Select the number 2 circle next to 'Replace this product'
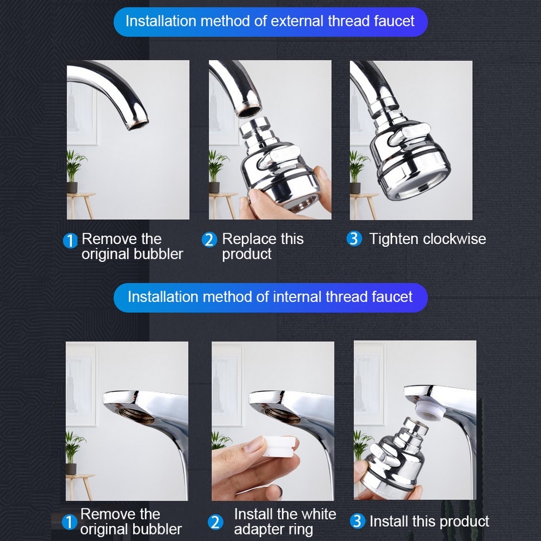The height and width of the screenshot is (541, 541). pyautogui.click(x=209, y=240)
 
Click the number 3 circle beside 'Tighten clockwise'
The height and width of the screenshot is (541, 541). pyautogui.click(x=354, y=239)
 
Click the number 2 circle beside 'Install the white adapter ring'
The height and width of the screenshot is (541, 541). pyautogui.click(x=215, y=522)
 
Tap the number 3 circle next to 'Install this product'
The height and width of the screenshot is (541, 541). pyautogui.click(x=357, y=522)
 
